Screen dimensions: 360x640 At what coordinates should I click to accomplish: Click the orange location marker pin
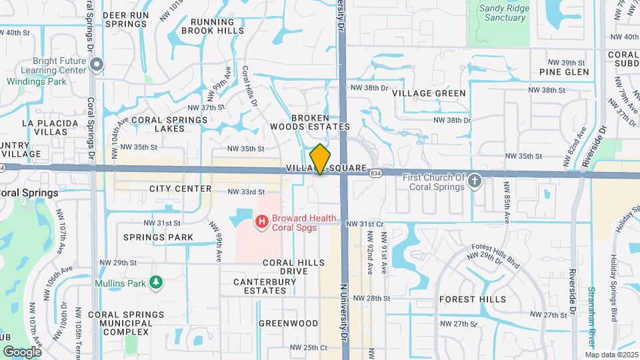[x=321, y=159]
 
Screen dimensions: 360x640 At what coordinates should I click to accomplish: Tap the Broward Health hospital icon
[x=263, y=219]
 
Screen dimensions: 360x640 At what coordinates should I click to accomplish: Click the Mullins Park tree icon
[x=156, y=283]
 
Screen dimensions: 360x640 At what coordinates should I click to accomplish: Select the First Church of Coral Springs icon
[x=475, y=181]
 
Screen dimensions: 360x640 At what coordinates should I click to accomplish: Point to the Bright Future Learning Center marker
[x=97, y=65]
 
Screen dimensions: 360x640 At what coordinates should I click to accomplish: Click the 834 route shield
[x=375, y=173]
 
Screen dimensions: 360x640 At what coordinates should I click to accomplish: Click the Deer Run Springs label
[x=125, y=19]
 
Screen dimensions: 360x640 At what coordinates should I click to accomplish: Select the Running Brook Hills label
[x=207, y=26]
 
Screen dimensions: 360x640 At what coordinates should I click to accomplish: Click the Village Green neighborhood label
[x=429, y=93]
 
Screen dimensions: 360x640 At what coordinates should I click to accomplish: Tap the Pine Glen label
[x=564, y=72]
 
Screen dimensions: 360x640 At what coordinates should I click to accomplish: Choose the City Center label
[x=180, y=189]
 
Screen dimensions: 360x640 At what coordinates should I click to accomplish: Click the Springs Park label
[x=158, y=237]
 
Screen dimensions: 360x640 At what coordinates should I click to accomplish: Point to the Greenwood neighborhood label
[x=288, y=323]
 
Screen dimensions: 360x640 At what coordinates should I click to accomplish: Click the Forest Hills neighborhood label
[x=473, y=299]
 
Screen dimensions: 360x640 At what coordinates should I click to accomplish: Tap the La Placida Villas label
[x=45, y=127]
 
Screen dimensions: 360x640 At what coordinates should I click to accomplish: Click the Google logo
[x=22, y=351]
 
